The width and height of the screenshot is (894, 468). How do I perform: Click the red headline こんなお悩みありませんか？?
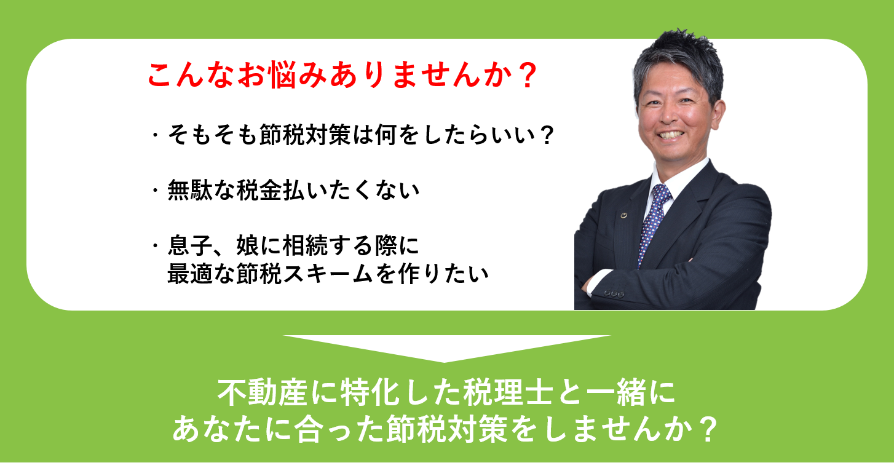click(342, 74)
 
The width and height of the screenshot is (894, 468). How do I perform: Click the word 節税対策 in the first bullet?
click(305, 135)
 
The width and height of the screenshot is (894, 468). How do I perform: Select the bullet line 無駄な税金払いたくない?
click(293, 190)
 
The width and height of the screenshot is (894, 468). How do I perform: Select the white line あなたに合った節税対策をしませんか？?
click(445, 429)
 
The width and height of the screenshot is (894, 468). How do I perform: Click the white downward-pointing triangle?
click(446, 347)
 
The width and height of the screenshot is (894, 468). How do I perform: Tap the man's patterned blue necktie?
click(652, 224)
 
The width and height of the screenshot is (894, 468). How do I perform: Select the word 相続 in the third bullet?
click(305, 245)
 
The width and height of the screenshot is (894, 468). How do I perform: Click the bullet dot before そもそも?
click(155, 135)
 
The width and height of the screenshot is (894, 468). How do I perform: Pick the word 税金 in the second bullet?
click(259, 190)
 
